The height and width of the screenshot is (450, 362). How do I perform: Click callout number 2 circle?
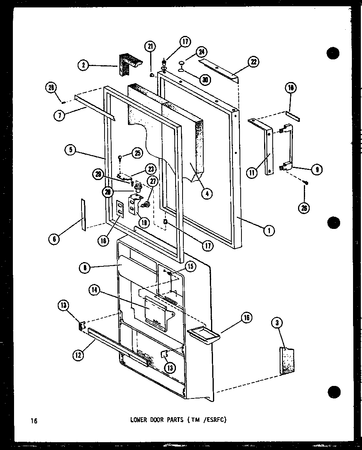click(x=83, y=65)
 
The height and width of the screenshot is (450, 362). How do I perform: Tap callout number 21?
click(x=150, y=47)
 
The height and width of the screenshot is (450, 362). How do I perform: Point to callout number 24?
click(x=202, y=52)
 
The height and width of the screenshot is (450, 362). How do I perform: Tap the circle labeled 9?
click(x=316, y=169)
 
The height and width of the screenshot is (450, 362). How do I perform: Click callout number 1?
click(x=269, y=231)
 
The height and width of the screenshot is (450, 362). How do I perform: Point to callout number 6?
click(x=54, y=239)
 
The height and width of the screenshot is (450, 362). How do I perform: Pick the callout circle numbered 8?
click(x=84, y=268)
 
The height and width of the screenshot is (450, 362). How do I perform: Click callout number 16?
click(x=247, y=318)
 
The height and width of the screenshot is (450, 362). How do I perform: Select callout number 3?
click(x=277, y=322)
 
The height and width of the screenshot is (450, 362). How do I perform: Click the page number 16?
click(x=34, y=421)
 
